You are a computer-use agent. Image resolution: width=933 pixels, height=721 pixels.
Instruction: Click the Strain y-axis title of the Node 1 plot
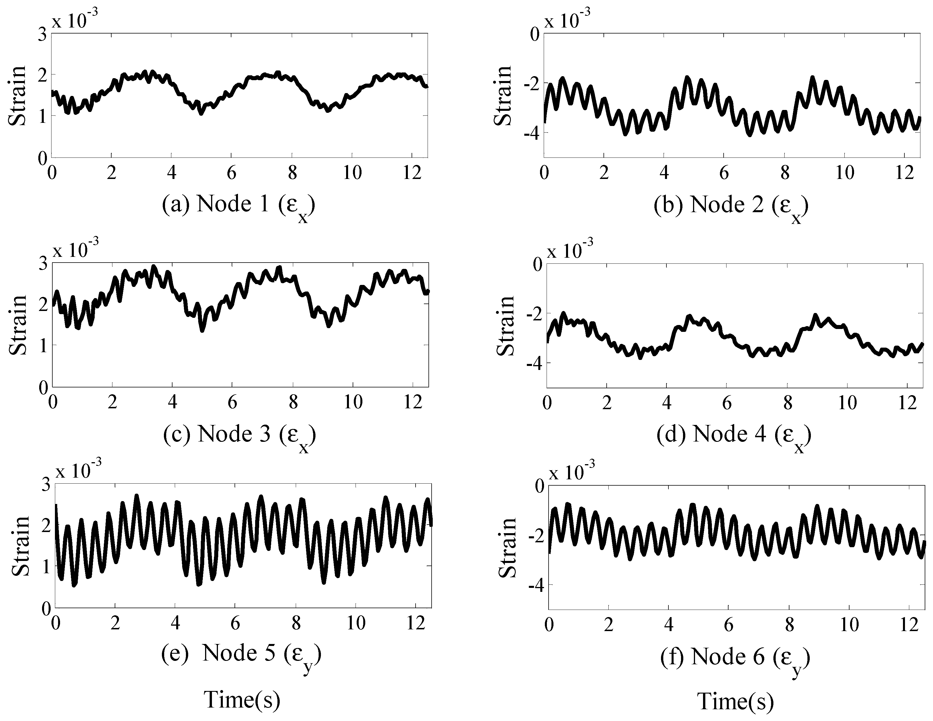17,96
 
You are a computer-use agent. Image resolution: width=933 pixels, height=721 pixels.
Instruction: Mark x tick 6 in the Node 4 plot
727,403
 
